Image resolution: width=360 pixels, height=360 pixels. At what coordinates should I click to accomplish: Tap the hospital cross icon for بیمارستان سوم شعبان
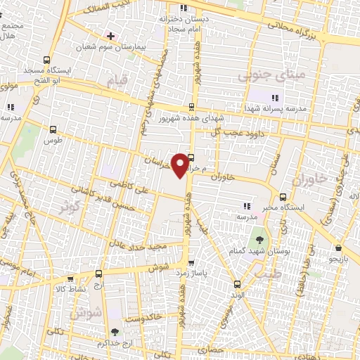(110, 34)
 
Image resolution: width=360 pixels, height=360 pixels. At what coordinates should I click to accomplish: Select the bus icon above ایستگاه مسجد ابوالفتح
(46, 60)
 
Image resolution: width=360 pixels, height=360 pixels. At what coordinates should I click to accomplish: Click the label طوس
(54, 139)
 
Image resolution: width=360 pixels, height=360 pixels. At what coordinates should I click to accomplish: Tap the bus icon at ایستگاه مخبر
(283, 197)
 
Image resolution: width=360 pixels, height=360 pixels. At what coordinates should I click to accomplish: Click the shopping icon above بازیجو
(338, 247)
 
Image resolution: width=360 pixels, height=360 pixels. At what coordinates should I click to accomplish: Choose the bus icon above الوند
(236, 285)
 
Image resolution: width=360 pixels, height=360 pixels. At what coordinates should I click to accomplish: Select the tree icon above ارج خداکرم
(113, 331)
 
